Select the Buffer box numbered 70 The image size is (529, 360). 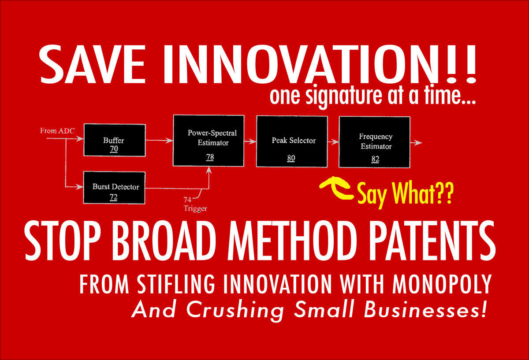pos(114,140)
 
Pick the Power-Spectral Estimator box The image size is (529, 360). pos(209,141)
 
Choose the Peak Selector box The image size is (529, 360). pos(291,141)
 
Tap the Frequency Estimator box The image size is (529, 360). pos(374,141)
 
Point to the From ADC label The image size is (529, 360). pos(54,130)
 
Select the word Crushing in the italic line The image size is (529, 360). pos(235,310)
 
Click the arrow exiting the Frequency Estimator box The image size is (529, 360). pos(416,143)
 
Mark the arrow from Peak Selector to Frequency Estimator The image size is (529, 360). pos(333,142)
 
